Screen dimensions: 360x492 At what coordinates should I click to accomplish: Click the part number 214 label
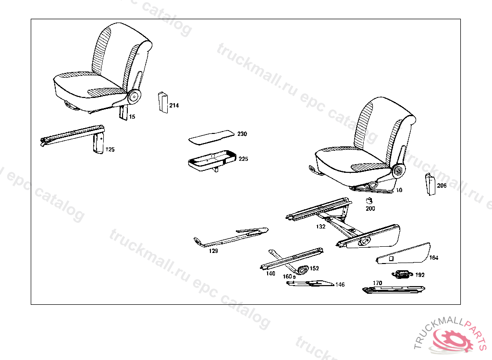point(174,106)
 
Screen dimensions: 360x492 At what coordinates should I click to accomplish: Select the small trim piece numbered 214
point(162,102)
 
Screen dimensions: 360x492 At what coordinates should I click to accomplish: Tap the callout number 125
point(110,150)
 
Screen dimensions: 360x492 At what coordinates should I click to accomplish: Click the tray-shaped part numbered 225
point(211,160)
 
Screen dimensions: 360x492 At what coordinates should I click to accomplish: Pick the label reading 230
point(242,134)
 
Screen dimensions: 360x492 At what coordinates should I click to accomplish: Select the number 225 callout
point(244,159)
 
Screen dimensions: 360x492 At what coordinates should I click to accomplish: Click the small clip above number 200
point(369,201)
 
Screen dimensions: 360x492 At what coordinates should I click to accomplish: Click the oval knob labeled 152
point(302,270)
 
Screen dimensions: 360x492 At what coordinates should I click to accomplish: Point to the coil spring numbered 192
point(402,275)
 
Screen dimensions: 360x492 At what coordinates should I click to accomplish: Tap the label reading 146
point(340,285)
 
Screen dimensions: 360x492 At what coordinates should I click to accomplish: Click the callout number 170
point(378,283)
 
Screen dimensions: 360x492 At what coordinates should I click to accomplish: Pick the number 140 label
point(271,274)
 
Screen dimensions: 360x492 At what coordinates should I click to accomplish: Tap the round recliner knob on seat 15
point(133,96)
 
